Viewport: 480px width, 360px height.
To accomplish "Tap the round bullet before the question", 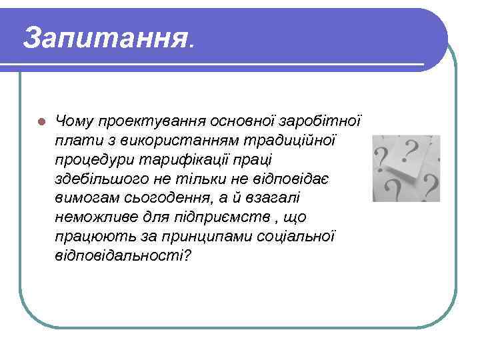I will pyautogui.click(x=41, y=122).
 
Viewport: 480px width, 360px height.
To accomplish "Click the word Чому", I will pyautogui.click(x=75, y=121).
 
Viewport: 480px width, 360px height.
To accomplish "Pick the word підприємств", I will pyautogui.click(x=238, y=218).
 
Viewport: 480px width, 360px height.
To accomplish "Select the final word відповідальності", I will pyautogui.click(x=123, y=257).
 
